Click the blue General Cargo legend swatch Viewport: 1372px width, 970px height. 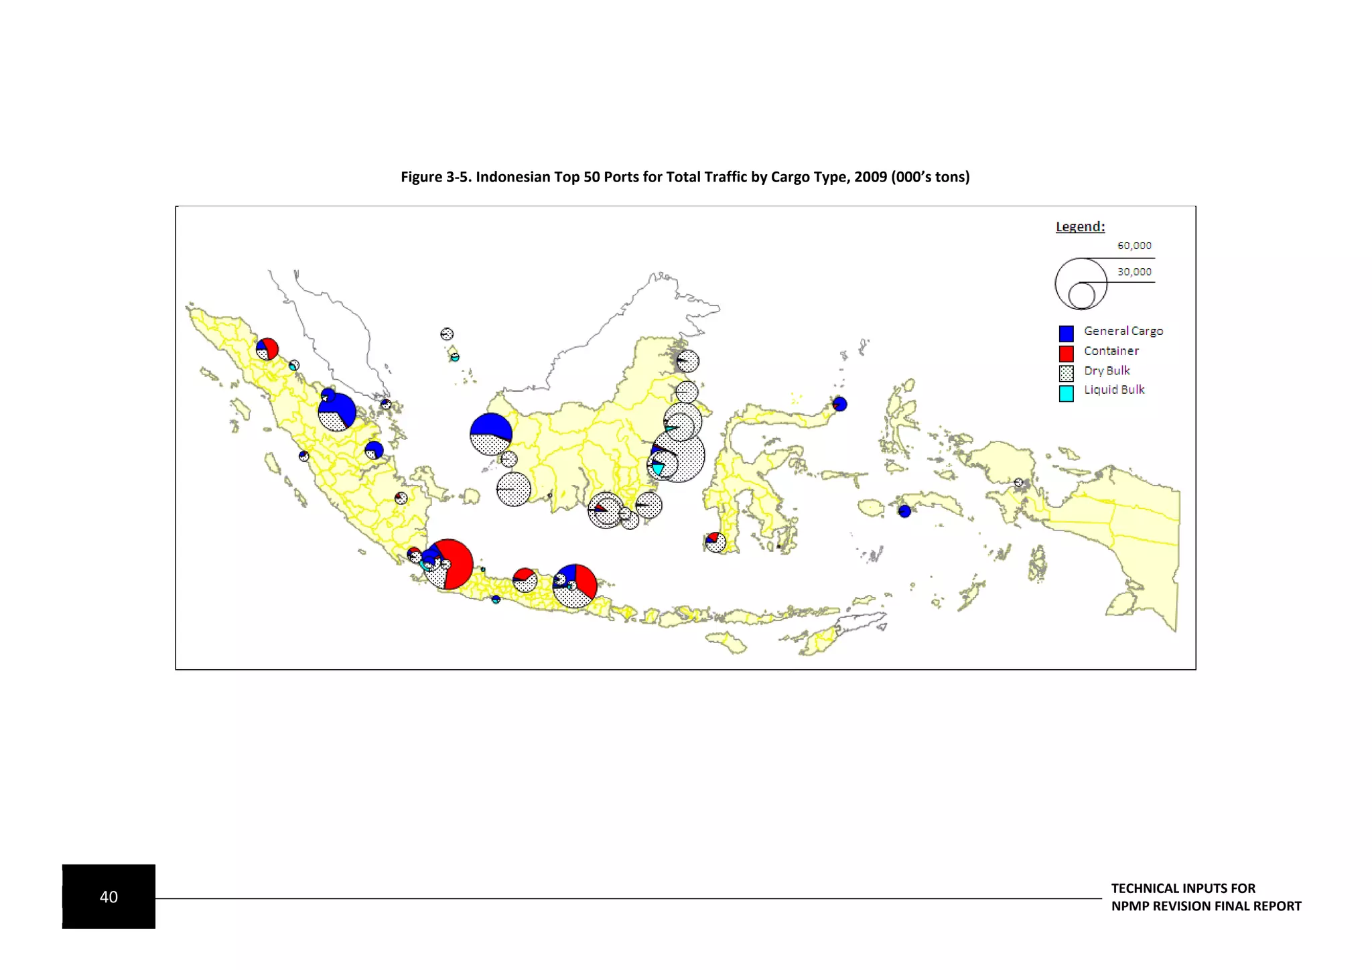pos(1066,333)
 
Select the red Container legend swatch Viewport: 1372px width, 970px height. pos(1066,353)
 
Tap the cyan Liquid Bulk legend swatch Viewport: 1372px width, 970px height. pos(1066,393)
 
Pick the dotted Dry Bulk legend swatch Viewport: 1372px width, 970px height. pos(1066,373)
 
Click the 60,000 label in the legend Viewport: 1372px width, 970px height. pos(1134,246)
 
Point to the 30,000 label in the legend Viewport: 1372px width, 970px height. pos(1134,272)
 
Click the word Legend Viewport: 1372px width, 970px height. pos(1080,226)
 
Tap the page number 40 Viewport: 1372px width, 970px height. pos(109,897)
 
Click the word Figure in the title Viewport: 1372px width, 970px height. pos(421,177)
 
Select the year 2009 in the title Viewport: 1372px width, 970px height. pos(870,177)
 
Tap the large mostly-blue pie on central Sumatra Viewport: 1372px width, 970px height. pos(337,411)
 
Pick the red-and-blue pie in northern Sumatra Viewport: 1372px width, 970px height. pos(267,349)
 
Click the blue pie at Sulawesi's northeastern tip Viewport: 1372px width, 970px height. pos(839,404)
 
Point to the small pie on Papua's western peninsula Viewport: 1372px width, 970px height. pos(1018,482)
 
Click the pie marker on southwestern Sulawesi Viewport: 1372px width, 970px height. pos(715,542)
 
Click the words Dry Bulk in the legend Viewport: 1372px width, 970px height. pos(1107,370)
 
